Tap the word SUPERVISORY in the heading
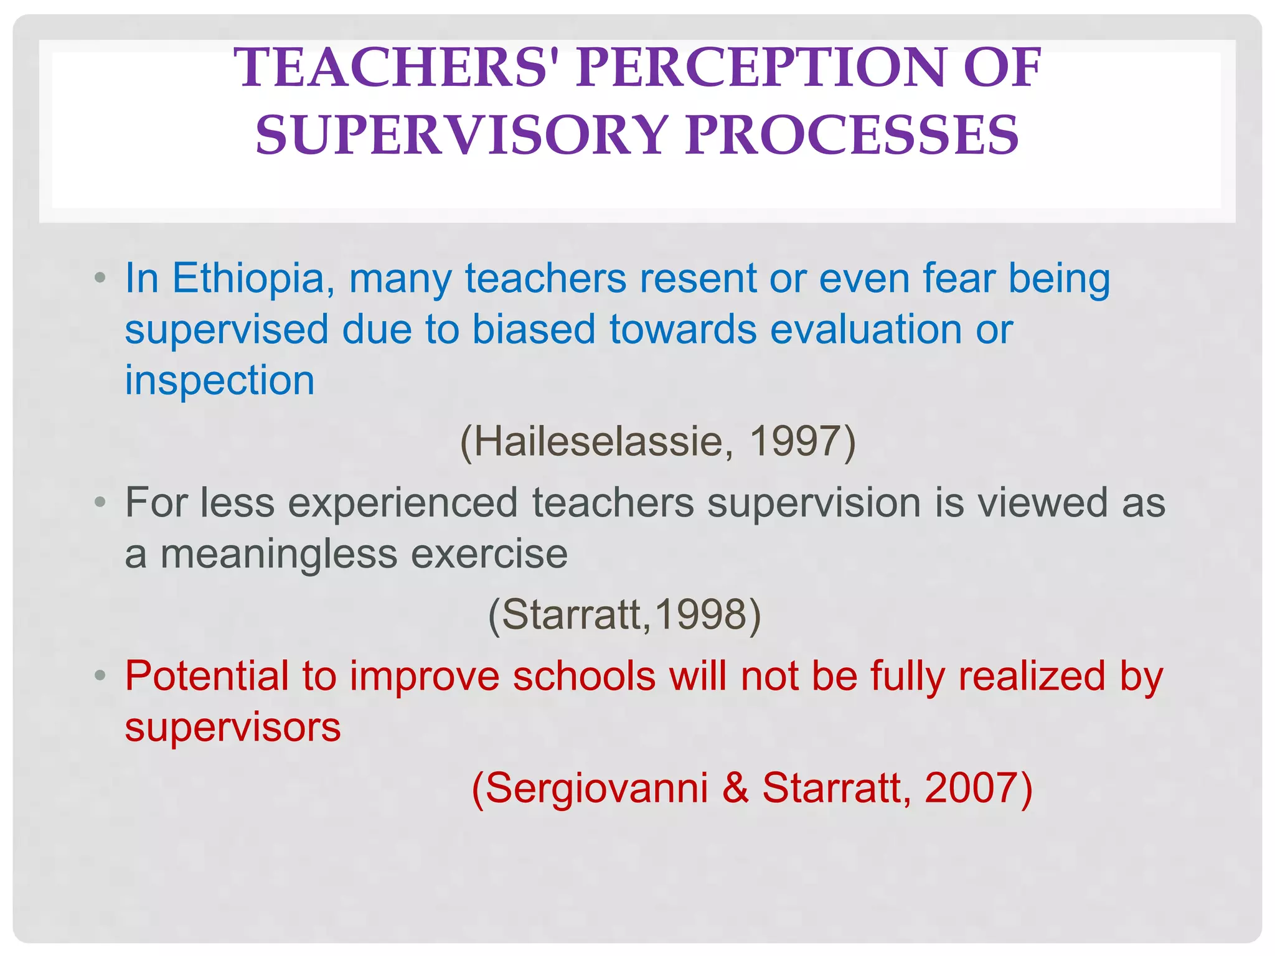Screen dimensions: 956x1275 tap(462, 135)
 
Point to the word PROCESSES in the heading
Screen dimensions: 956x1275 tap(852, 135)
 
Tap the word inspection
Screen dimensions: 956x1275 tap(220, 380)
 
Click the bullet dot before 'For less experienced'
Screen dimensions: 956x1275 tap(100, 502)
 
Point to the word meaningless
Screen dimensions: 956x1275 tap(279, 554)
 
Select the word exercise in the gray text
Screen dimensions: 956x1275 tap(489, 554)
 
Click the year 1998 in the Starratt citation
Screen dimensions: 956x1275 tap(700, 615)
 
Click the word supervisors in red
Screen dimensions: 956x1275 tap(233, 727)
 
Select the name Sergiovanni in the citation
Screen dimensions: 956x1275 tap(596, 789)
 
